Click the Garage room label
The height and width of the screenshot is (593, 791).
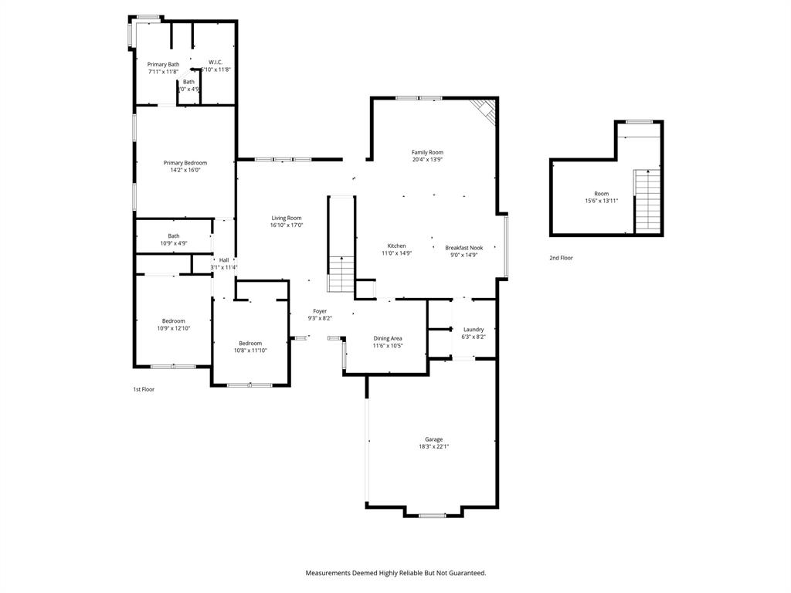pos(433,439)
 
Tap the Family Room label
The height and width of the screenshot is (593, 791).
pos(427,152)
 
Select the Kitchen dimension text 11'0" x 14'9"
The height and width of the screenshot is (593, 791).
pos(396,253)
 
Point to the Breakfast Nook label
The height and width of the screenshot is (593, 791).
pos(463,246)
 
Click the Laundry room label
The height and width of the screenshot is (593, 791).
pos(474,329)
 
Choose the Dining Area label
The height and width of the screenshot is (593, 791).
pos(388,338)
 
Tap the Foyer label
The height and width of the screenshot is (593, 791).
pos(320,310)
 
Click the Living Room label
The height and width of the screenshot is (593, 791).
pos(287,218)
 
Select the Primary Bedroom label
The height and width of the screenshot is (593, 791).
pos(185,162)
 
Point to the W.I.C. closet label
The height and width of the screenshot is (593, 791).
pos(216,63)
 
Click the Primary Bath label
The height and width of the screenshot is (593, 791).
pos(163,64)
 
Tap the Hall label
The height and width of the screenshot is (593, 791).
pos(224,260)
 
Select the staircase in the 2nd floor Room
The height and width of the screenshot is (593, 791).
pos(647,200)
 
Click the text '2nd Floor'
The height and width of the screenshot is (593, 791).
pos(561,258)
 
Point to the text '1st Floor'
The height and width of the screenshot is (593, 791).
pos(144,389)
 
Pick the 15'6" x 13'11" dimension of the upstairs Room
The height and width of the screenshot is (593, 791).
pos(601,201)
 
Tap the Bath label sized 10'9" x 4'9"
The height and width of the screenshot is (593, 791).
pos(174,243)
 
